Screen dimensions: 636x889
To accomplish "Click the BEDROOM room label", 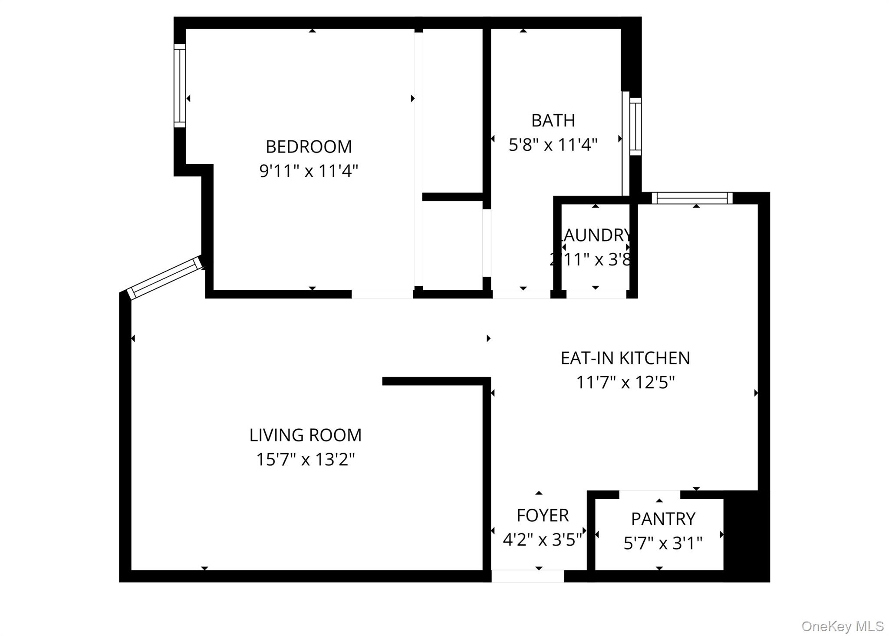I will (309, 147).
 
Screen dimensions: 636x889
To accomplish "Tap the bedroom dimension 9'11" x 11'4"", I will (309, 171).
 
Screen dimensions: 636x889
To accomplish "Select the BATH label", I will (553, 120).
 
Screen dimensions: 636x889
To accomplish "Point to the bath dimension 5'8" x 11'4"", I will (553, 145).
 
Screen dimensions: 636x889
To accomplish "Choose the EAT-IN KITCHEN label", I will (625, 358).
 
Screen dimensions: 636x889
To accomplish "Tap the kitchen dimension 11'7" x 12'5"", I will (625, 383).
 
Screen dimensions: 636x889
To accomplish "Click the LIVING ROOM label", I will (305, 435).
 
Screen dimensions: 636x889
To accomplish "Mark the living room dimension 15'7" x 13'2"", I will (305, 459).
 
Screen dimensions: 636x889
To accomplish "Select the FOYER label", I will (542, 515).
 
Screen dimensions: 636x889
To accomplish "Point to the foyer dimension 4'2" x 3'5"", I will (542, 540).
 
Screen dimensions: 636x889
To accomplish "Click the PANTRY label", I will (663, 519).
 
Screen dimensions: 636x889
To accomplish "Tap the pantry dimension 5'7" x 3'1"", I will (663, 543).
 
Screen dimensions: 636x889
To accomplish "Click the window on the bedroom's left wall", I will (180, 86).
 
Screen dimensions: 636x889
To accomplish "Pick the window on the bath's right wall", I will (635, 126).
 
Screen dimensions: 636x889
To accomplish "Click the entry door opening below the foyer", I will (527, 576).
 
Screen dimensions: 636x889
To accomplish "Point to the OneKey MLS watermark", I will (842, 626).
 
